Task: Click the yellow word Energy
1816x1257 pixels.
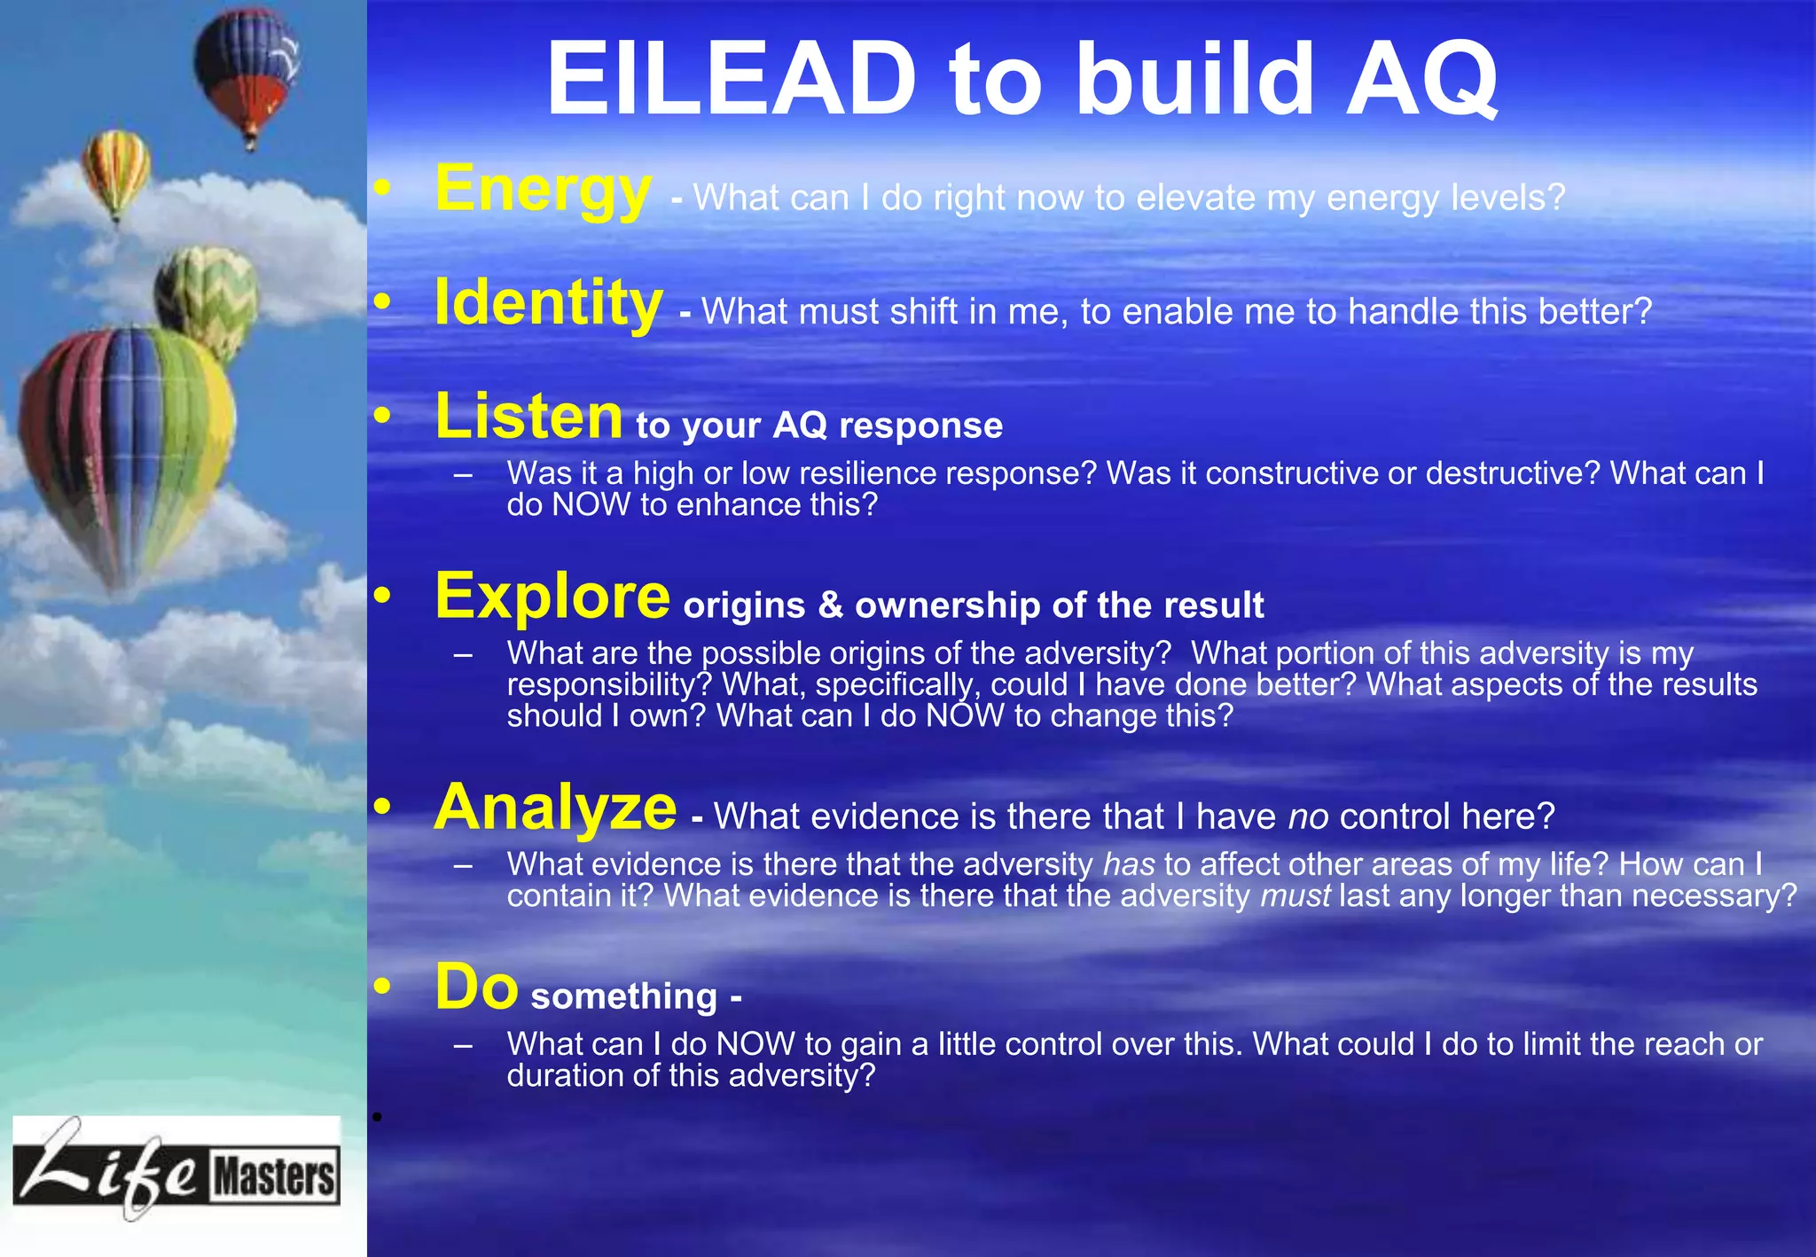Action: pos(543,190)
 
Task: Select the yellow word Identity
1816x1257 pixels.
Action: pos(548,303)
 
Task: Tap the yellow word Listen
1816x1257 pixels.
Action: pos(528,417)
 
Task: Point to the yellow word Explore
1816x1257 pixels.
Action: pos(552,597)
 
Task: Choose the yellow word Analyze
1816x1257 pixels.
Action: pos(555,808)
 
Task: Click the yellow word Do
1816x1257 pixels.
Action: pos(476,987)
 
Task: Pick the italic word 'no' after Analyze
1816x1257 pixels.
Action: pos(1308,816)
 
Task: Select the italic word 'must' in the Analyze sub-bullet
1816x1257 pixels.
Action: pos(1295,895)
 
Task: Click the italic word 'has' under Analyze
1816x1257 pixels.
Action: pos(1129,864)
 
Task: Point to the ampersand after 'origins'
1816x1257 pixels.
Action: pos(830,605)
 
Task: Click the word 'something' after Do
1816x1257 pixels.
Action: pos(624,996)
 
